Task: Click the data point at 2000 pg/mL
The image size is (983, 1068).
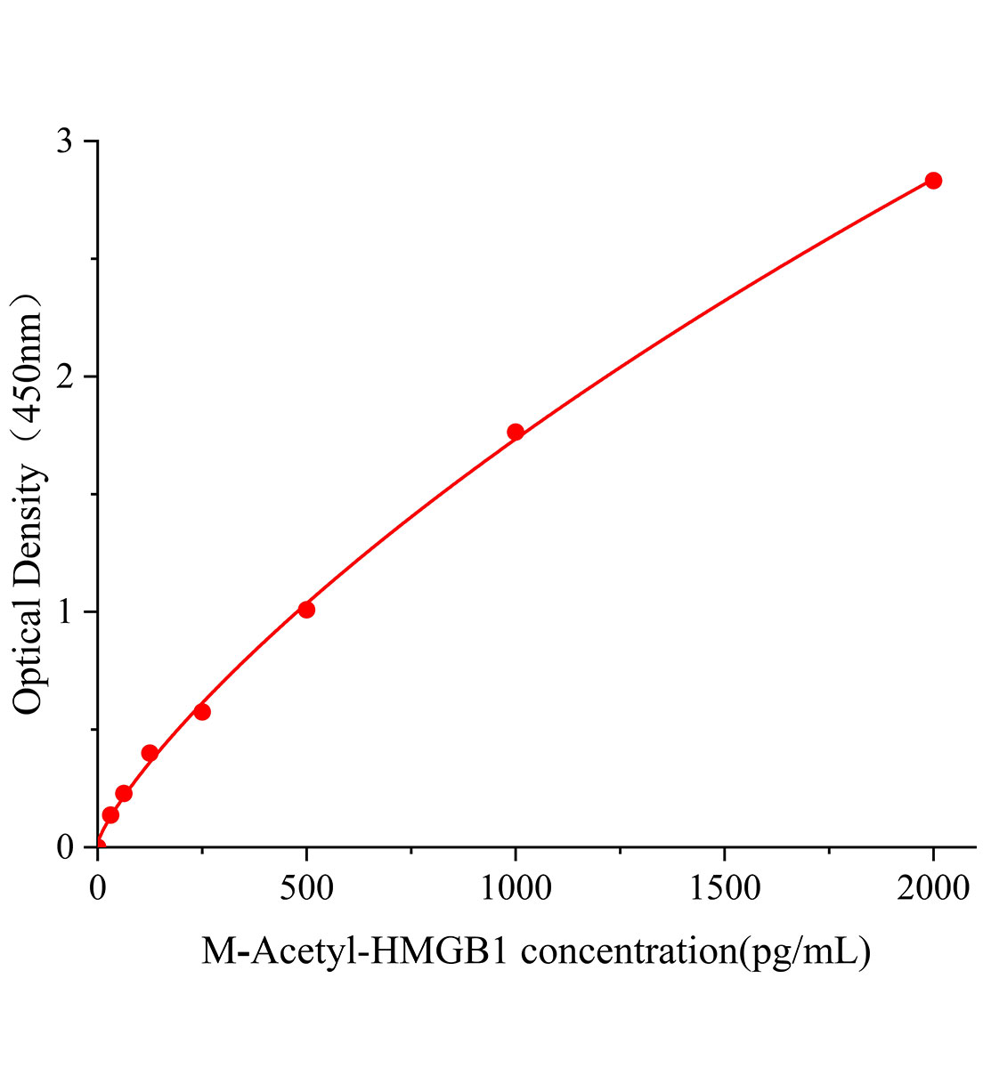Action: [933, 181]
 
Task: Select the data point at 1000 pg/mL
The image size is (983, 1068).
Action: [516, 433]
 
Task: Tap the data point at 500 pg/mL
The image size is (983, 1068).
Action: [306, 610]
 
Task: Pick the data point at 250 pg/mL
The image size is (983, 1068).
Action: [202, 712]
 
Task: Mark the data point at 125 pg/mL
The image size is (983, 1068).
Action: [150, 753]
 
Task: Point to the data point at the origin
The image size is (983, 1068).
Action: [98, 846]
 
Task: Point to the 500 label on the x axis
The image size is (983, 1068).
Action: [306, 887]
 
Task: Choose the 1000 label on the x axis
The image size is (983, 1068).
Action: [515, 887]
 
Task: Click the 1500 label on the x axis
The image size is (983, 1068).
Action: [724, 887]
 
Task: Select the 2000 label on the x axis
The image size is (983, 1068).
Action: [932, 887]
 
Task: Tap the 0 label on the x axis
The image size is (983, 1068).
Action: [98, 887]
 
